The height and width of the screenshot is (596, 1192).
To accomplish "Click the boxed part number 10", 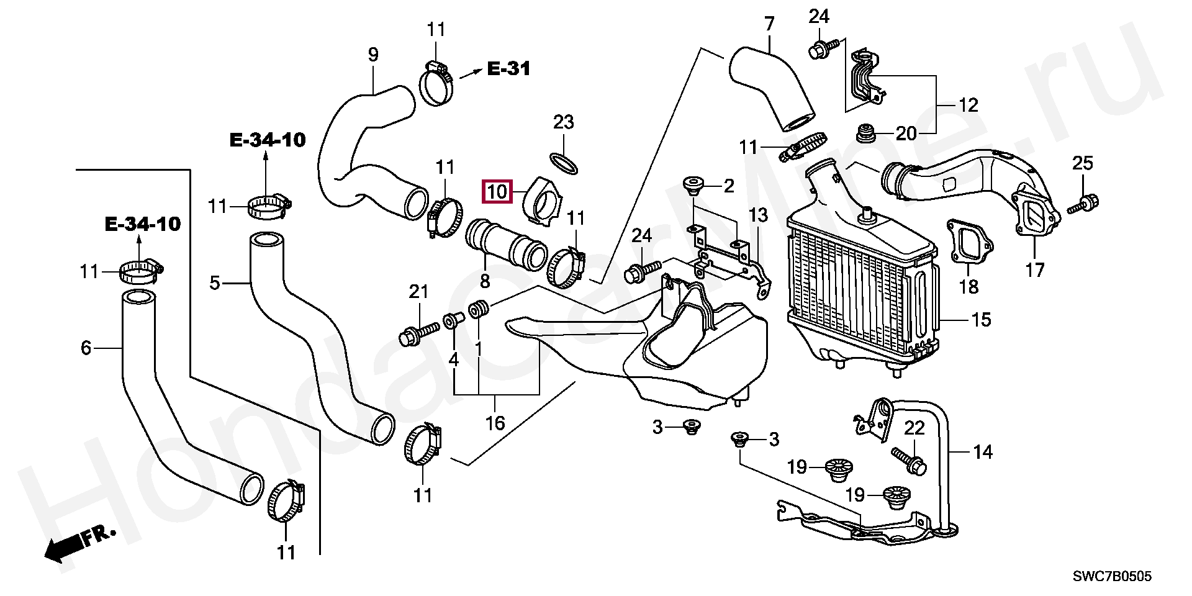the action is click(x=497, y=192).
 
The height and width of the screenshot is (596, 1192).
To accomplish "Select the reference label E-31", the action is click(x=508, y=68).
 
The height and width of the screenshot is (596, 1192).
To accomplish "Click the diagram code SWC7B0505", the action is click(x=1113, y=577).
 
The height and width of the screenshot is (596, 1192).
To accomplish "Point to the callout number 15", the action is click(x=981, y=320).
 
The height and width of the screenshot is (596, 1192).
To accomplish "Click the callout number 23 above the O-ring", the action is click(x=564, y=122).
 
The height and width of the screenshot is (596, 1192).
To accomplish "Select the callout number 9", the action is click(x=372, y=55).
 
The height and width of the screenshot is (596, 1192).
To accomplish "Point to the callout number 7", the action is click(x=770, y=24).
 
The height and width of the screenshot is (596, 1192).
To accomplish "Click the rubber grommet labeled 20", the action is click(x=864, y=133).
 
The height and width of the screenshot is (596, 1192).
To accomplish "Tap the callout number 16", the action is click(x=495, y=423).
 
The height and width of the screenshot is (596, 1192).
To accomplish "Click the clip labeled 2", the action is click(x=692, y=184).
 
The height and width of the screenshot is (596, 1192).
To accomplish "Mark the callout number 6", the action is click(x=86, y=348).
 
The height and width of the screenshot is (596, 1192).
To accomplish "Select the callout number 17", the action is click(x=1035, y=270).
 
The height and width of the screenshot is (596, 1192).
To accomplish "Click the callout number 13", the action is click(x=758, y=215).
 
